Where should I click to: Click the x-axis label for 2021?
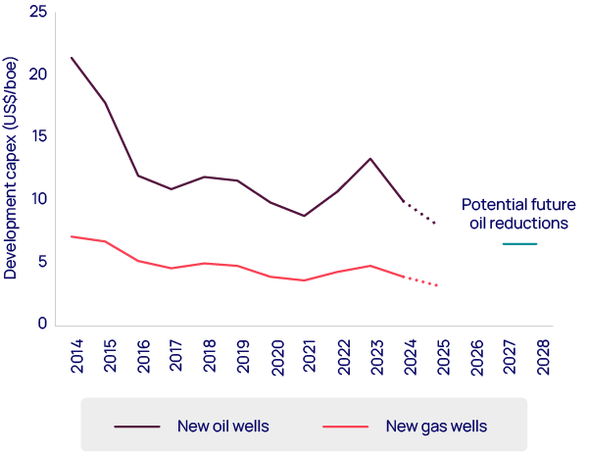click(310, 357)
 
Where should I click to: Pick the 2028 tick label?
click(542, 357)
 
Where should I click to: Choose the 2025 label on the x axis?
click(442, 357)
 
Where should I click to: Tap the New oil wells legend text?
click(223, 426)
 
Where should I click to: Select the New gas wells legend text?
click(436, 426)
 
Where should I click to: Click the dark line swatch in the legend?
click(137, 426)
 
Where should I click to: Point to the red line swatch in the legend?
click(345, 426)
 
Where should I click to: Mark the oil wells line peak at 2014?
click(72, 57)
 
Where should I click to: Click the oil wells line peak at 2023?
click(370, 159)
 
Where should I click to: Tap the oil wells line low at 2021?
click(304, 216)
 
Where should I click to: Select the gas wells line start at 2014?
click(72, 236)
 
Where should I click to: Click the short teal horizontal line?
click(519, 244)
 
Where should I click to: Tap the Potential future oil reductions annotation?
click(515, 214)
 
